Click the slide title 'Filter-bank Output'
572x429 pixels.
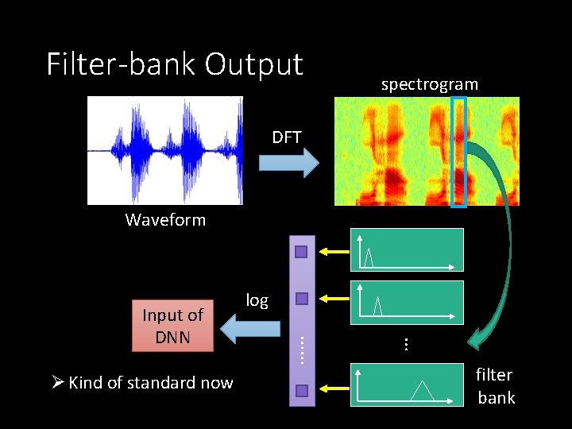pos(175,64)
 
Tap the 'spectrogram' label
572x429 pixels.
pos(429,84)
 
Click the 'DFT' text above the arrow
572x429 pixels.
pos(287,137)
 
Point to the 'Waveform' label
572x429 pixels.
pos(165,220)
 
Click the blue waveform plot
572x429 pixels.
pos(164,150)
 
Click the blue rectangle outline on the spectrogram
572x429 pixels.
pos(459,151)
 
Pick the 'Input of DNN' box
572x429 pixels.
pos(173,326)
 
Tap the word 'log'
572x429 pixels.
pos(257,300)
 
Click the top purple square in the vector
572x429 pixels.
pos(301,253)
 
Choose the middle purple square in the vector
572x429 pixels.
pos(301,300)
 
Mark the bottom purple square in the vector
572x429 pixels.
pos(301,390)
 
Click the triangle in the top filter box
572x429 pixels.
pos(369,257)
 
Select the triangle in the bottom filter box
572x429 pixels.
pos(422,390)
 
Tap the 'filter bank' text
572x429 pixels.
pos(496,386)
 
